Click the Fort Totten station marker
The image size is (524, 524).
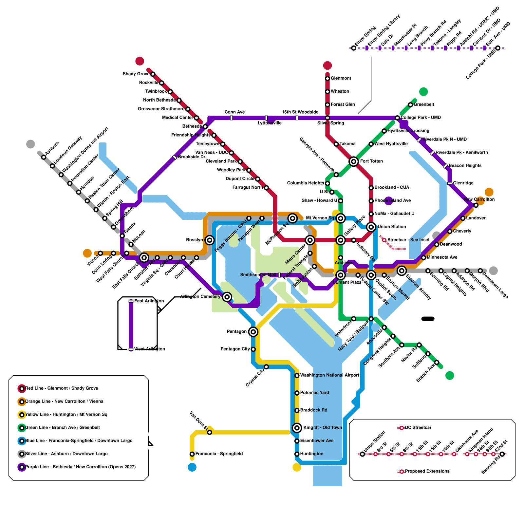click(353, 161)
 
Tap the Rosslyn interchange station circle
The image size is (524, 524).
click(210, 240)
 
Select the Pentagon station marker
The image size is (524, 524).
click(253, 332)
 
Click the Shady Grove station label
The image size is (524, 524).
click(136, 74)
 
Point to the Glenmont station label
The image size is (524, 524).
click(341, 78)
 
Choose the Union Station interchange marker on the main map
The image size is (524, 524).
click(371, 227)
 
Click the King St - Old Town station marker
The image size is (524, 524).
click(297, 427)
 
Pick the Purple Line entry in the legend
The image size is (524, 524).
click(80, 467)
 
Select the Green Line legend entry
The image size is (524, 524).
click(62, 427)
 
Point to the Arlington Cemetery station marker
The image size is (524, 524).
click(227, 297)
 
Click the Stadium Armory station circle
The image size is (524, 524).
click(402, 271)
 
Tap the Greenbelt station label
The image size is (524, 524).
click(424, 104)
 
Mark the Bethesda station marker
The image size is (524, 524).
click(205, 127)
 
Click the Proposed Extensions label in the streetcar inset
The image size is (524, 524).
click(427, 471)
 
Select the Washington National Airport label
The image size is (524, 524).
click(329, 375)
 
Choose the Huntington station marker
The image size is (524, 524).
click(297, 454)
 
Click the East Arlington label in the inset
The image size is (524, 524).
click(149, 301)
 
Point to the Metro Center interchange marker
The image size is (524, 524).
click(310, 240)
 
